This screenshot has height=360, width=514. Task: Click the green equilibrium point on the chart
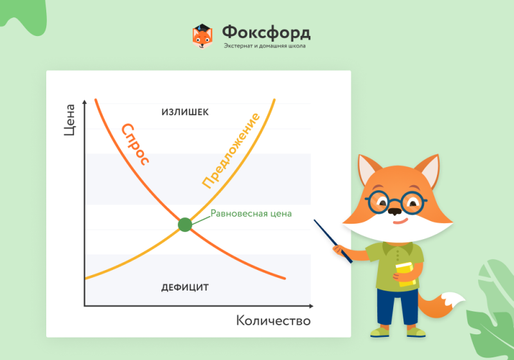click(185, 224)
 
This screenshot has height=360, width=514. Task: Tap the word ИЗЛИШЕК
click(185, 112)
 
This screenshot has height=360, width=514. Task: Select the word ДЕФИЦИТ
click(185, 287)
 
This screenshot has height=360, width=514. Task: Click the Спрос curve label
click(135, 144)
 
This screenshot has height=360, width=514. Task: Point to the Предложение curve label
click(231, 151)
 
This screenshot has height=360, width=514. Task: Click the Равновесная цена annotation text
click(251, 213)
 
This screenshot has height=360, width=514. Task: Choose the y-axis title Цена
click(69, 120)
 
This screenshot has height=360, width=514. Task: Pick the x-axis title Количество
click(274, 321)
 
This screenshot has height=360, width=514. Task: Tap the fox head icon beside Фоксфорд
click(202, 37)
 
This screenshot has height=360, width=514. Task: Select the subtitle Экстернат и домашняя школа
click(265, 46)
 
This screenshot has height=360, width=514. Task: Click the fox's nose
click(395, 211)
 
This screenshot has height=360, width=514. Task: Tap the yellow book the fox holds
click(406, 274)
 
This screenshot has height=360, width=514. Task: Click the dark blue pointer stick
click(333, 241)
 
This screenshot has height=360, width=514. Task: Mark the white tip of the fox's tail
click(453, 300)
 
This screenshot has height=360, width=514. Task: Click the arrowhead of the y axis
click(85, 102)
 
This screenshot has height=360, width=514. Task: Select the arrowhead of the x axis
click(311, 306)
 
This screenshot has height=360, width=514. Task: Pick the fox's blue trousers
click(397, 307)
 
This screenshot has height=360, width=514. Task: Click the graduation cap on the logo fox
click(202, 28)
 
